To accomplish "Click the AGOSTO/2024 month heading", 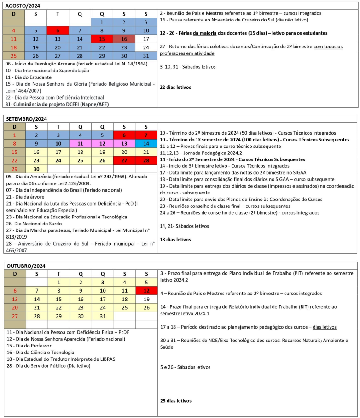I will point(23,6).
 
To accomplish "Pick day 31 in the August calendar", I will point(146,56).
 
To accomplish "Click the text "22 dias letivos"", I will point(175,87).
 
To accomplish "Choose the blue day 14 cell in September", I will point(146,143).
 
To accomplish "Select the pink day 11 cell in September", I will point(80,143).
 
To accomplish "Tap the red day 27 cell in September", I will point(124,160).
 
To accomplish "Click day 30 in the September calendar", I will point(36,169).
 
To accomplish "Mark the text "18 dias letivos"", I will point(175,240).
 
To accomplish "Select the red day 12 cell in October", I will point(146,291).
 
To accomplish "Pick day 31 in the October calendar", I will point(102,316).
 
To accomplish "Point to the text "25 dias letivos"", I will point(175,400).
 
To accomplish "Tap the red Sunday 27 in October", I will point(14,316).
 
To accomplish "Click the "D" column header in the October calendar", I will point(14,274).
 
